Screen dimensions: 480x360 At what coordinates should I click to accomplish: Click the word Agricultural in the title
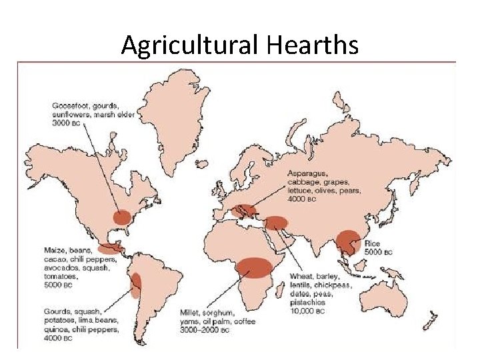(x=191, y=45)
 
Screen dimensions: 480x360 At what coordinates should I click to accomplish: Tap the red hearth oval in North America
(x=122, y=217)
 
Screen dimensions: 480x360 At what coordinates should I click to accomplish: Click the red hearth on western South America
(x=136, y=285)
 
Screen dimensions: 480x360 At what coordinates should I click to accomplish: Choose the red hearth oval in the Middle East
(x=275, y=223)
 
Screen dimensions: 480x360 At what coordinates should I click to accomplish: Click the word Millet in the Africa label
(x=191, y=312)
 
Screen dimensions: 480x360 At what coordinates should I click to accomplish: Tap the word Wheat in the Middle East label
(x=301, y=276)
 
